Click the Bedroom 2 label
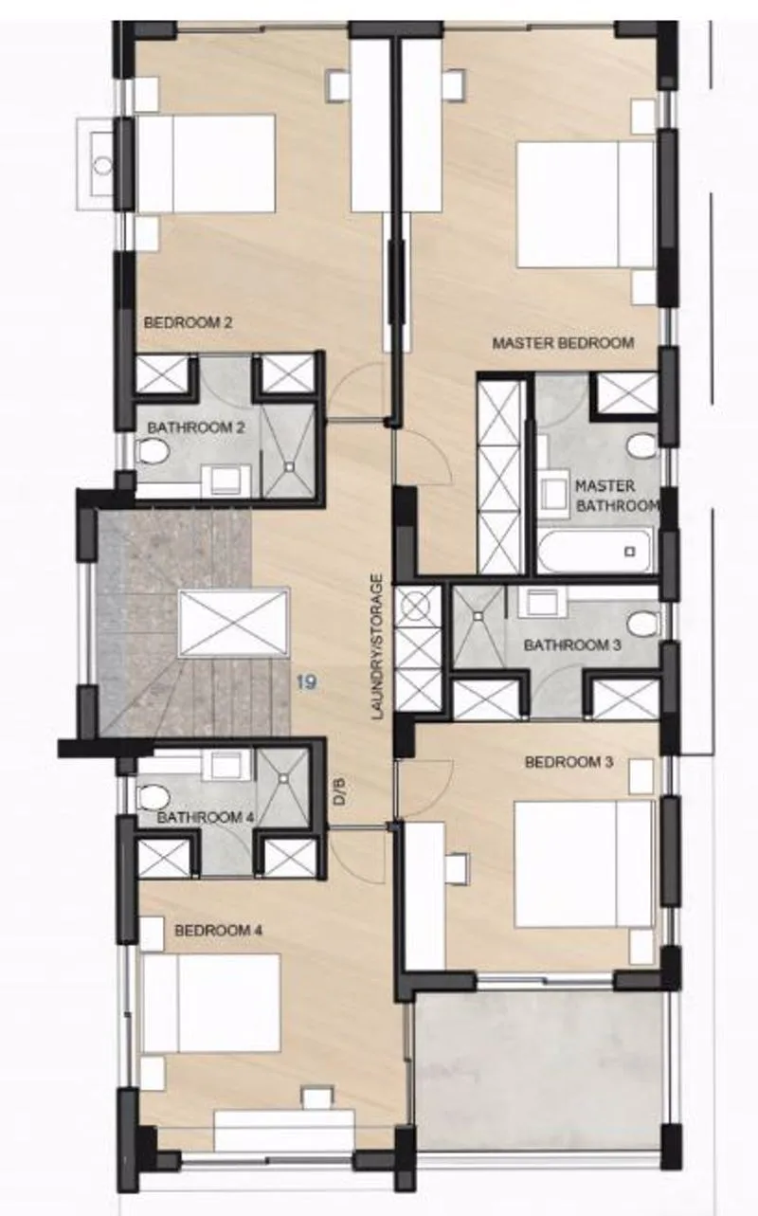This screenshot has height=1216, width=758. pos(188,323)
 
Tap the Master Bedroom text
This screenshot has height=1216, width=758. pos(563,343)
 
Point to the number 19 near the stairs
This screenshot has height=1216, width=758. pos(307,682)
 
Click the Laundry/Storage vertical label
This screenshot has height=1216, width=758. pos(378,647)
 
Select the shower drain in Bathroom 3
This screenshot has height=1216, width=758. pos(478,616)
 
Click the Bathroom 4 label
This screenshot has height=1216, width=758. pos(205,817)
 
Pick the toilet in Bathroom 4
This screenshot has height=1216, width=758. pos(153,797)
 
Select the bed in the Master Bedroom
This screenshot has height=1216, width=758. pos(586,205)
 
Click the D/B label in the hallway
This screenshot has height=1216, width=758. pos(340,791)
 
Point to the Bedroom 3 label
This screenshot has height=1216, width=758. pos(568,762)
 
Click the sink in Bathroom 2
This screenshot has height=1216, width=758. pos(226,481)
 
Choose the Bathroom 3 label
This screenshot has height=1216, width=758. pos(572,645)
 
